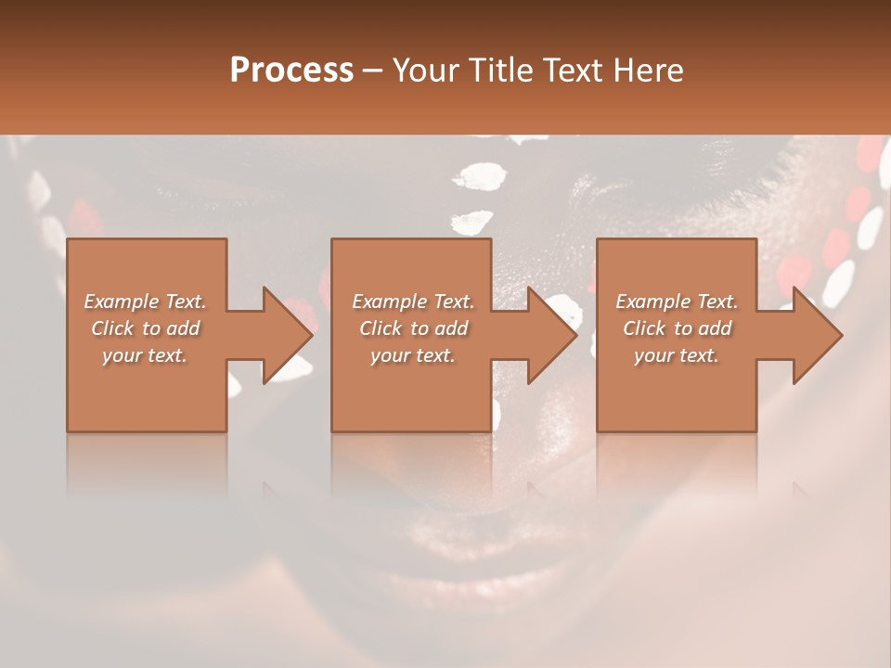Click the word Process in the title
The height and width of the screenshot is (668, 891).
291,71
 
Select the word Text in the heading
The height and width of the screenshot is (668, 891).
568,71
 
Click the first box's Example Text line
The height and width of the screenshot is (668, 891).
145,302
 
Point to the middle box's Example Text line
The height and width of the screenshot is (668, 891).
412,302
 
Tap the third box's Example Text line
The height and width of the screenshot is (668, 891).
677,302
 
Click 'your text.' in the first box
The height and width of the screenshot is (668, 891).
145,355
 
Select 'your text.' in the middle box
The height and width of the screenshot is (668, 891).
412,355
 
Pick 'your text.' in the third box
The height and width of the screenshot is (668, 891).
677,355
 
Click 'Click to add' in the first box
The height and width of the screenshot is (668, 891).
145,328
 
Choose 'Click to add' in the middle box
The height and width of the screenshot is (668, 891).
412,328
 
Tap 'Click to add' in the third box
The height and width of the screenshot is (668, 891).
677,328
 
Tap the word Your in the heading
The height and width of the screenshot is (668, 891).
424,71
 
